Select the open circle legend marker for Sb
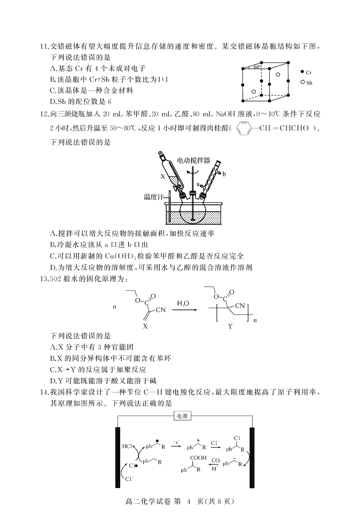(302, 82)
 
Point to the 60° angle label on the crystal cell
(257, 67)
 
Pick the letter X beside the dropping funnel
(162, 177)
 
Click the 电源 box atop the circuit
(183, 416)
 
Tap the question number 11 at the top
(44, 46)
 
